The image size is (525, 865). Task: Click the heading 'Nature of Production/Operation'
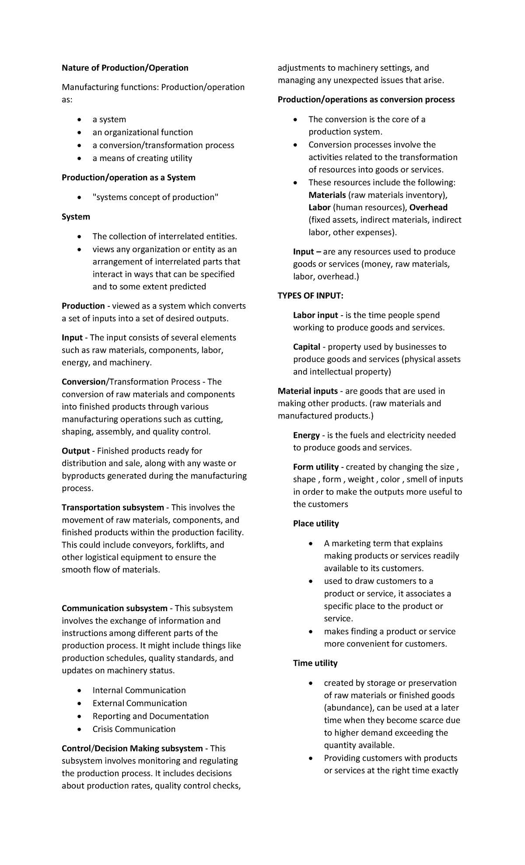click(125, 68)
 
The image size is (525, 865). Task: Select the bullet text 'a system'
click(109, 120)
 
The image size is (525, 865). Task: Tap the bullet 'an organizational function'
click(142, 132)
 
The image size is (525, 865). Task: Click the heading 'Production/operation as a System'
click(128, 177)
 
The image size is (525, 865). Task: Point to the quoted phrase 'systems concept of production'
click(155, 197)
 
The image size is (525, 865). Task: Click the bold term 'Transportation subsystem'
click(112, 507)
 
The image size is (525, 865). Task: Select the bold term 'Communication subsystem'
click(114, 608)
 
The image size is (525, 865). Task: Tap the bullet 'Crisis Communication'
click(134, 729)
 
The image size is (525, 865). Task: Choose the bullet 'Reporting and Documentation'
click(150, 716)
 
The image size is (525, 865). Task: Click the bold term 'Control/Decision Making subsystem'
click(132, 748)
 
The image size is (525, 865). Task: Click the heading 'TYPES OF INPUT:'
click(311, 295)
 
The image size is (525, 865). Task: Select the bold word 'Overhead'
click(428, 207)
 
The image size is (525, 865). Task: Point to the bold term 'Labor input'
click(315, 315)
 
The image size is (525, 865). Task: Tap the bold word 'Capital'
click(306, 347)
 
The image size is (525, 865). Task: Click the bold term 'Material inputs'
click(308, 391)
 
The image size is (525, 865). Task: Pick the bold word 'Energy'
click(306, 435)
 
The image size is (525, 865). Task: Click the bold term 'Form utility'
click(315, 467)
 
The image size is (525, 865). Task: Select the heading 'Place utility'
click(316, 524)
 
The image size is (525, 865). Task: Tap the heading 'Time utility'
click(315, 663)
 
